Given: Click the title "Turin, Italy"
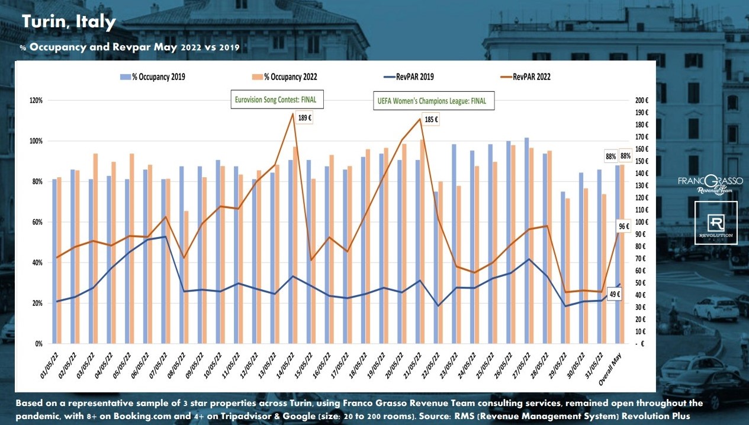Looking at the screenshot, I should (x=69, y=23).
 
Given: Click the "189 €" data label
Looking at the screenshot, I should (x=305, y=117).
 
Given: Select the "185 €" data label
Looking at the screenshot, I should (x=431, y=120).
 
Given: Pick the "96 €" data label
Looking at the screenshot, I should (x=623, y=226).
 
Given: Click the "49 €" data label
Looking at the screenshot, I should (x=615, y=295).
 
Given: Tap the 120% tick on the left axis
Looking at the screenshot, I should (x=36, y=101).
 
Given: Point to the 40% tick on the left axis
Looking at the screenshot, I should (x=37, y=263).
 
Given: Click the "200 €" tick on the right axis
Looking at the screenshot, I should (x=642, y=100).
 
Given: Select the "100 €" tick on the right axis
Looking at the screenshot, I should (x=642, y=222).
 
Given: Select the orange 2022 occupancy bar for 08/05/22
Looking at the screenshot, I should (x=187, y=277).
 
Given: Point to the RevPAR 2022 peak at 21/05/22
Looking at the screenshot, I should (x=420, y=119).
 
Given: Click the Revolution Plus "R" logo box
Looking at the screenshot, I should (x=716, y=223).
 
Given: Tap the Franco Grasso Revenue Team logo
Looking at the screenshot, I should (x=715, y=184).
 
